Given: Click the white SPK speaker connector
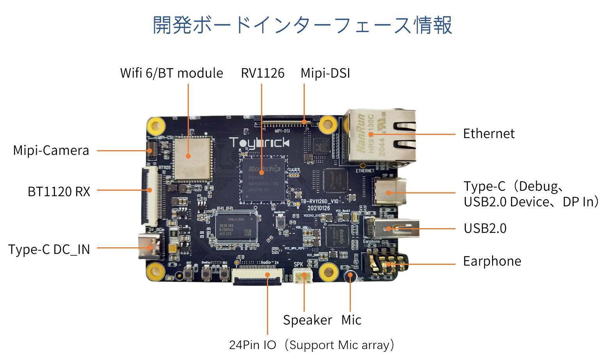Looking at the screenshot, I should (303, 277).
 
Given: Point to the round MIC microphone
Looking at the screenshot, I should (350, 276).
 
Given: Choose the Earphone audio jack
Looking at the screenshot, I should (384, 264).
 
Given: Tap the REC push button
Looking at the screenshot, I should (224, 273).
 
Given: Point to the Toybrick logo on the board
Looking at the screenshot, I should (259, 143).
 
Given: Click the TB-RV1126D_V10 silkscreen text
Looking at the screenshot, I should (320, 202).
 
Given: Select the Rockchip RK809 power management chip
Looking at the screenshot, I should (337, 236).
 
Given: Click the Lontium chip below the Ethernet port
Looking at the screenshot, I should (335, 181).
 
